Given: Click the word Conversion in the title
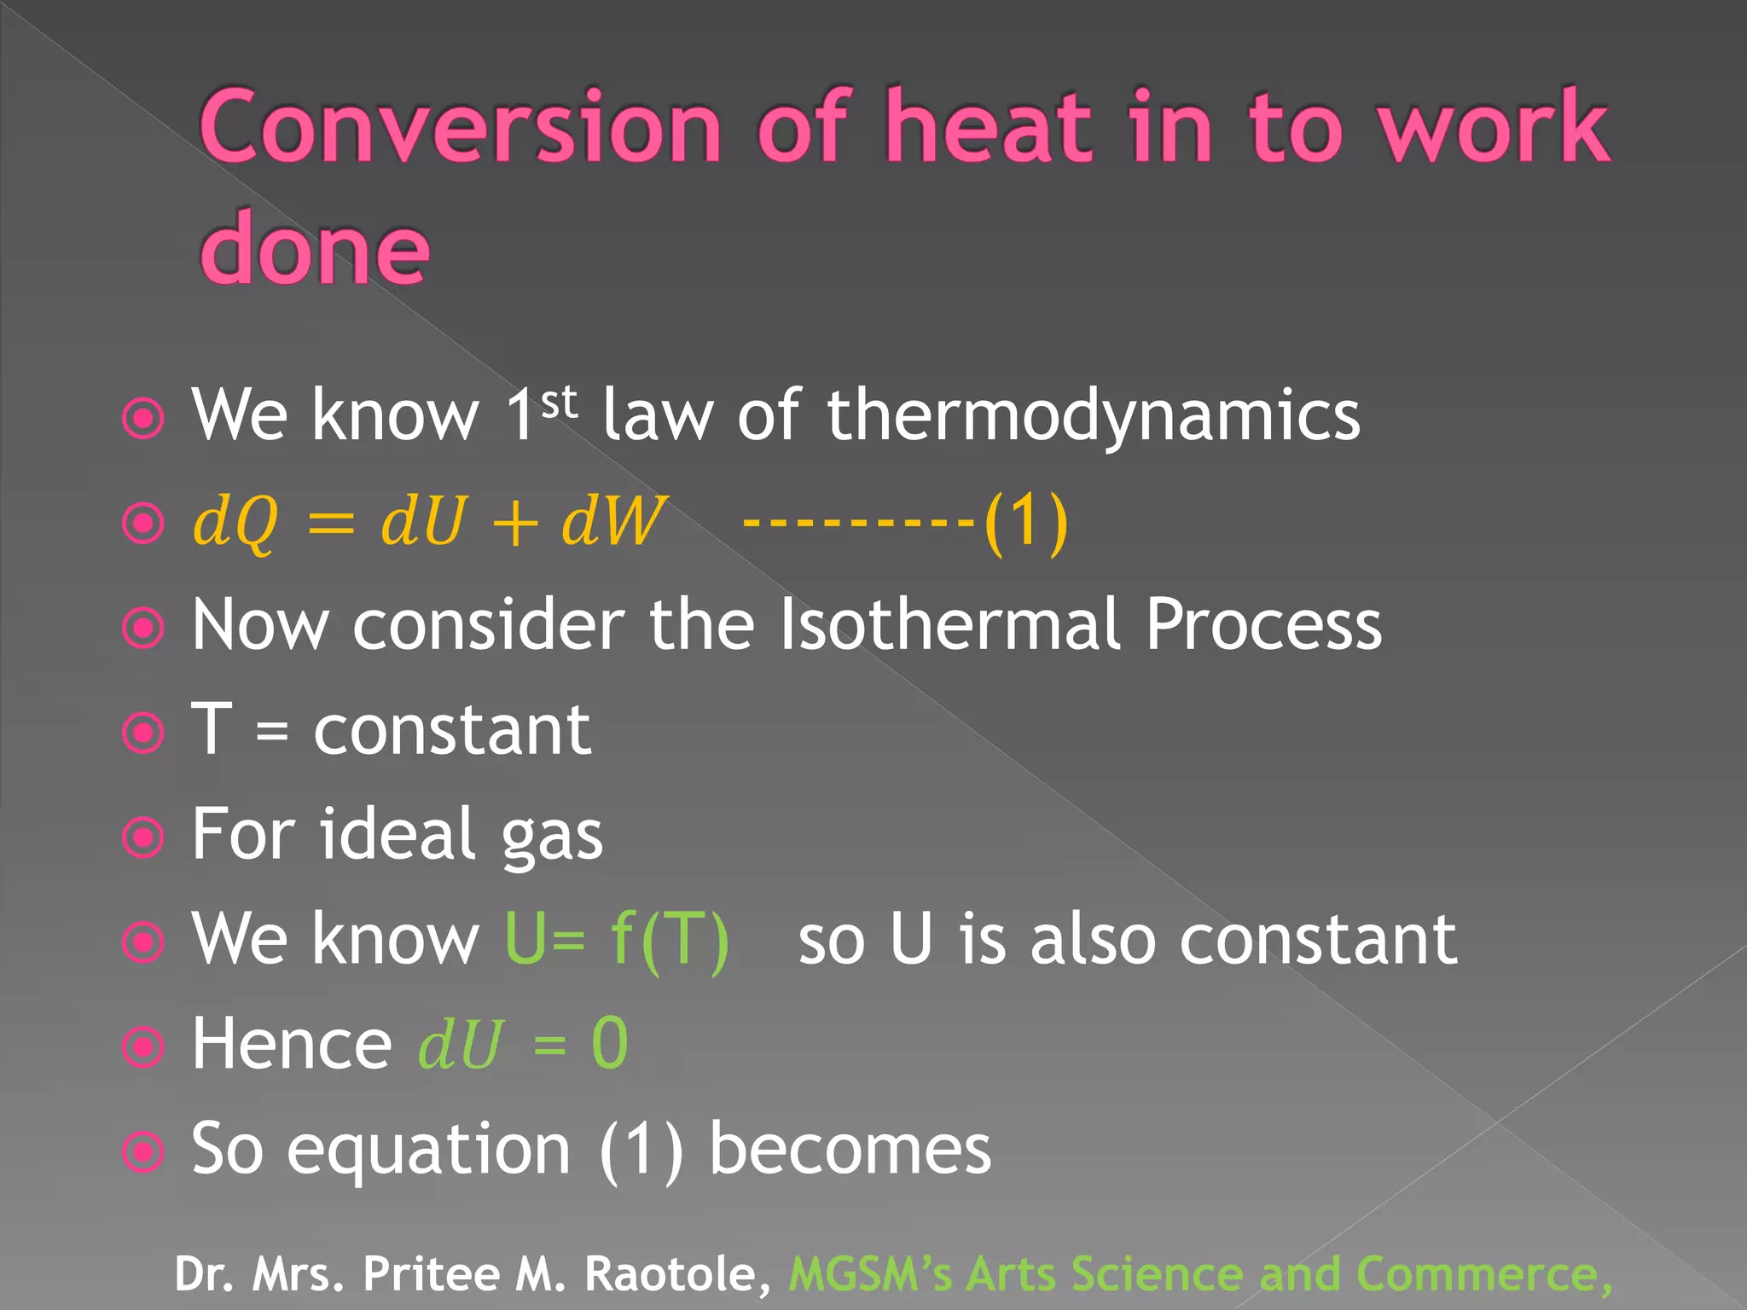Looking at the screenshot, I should (x=461, y=128).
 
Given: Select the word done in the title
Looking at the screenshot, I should (x=314, y=250).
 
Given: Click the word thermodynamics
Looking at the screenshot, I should (x=1093, y=415).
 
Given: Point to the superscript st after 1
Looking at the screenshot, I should (x=559, y=402).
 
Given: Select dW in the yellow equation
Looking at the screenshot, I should (x=612, y=521).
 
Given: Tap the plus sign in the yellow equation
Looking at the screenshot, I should (x=514, y=523).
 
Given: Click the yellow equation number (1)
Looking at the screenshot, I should (x=1025, y=521).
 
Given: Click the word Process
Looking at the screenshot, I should (x=1262, y=625).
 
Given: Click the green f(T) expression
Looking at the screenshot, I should (x=670, y=940).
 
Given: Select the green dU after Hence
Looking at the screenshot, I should (x=460, y=1045).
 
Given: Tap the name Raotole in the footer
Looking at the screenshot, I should (x=677, y=1274).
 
